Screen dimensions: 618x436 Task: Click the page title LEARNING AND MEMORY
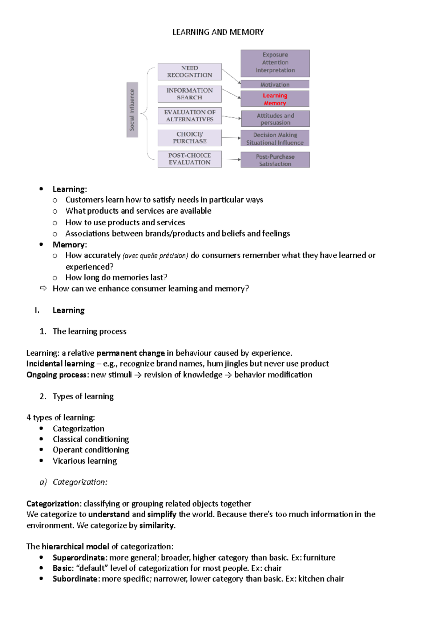(218, 32)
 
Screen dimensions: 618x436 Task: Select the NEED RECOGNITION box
(189, 72)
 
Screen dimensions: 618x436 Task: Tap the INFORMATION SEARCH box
(189, 94)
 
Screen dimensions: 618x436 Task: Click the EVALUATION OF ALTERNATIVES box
(189, 116)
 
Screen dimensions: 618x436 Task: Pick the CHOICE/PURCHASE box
(189, 138)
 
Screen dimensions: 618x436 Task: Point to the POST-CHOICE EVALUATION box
(189, 159)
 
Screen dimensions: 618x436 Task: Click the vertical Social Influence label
(132, 110)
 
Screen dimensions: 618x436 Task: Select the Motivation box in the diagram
(275, 84)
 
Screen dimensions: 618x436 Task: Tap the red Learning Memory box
(275, 99)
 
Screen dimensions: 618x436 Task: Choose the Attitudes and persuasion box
(275, 119)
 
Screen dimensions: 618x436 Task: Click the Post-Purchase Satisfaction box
(275, 160)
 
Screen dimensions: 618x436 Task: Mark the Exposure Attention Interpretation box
(275, 63)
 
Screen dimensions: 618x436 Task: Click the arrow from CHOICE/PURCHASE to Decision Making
(231, 138)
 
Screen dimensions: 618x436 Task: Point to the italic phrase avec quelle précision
(155, 256)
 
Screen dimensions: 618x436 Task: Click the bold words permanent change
(130, 353)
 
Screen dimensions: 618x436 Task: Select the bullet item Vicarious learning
(85, 461)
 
